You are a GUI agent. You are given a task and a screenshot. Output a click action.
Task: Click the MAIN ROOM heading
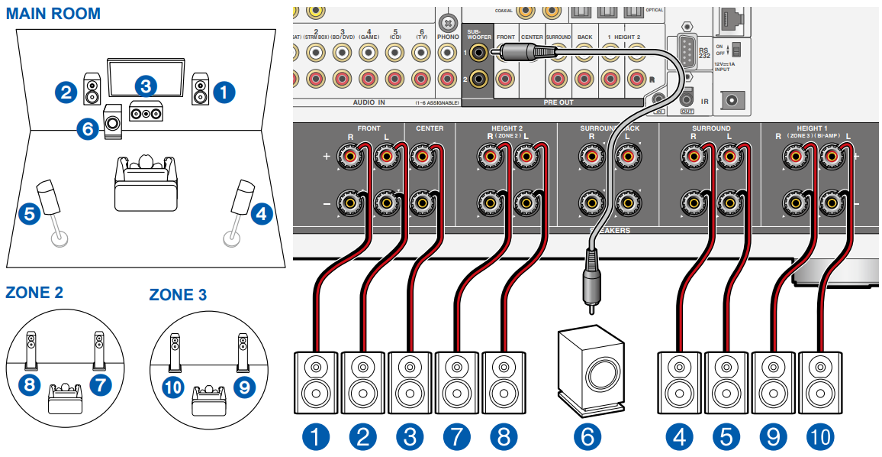click(x=53, y=14)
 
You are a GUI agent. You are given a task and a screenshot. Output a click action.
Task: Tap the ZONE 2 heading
click(x=34, y=292)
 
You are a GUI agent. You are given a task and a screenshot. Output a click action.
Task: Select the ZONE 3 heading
click(x=177, y=295)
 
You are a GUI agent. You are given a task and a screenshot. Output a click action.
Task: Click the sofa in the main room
click(x=145, y=184)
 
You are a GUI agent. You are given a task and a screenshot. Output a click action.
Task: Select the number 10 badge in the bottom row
click(x=820, y=436)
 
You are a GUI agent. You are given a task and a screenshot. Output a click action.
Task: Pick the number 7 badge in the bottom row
click(x=456, y=436)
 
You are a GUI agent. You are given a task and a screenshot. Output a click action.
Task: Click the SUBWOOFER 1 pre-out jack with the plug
click(x=479, y=53)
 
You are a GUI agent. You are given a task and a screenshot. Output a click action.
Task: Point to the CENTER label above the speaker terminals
click(x=430, y=128)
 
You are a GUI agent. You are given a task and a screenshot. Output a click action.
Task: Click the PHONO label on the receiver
click(x=448, y=36)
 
